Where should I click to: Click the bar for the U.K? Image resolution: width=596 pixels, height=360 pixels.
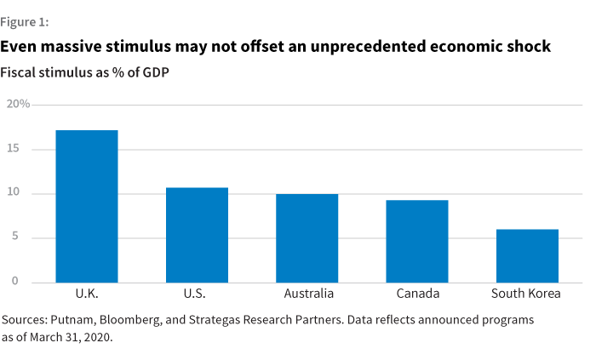86,207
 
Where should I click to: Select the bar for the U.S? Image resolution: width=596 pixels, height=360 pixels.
197,235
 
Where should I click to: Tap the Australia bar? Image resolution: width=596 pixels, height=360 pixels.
307,238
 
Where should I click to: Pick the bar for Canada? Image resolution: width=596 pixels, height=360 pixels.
417,242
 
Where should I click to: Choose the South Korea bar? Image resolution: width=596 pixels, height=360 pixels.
528,256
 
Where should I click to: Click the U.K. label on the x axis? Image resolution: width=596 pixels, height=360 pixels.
86,294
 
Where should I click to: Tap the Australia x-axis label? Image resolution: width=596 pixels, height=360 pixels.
307,294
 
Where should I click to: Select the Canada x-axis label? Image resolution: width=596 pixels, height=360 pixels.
417,294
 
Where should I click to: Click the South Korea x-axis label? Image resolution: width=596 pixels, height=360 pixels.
527,294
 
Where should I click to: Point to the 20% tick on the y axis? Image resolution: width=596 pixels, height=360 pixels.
18,104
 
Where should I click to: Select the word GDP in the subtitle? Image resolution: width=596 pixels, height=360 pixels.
152,72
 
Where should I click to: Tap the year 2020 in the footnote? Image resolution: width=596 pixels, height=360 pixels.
97,337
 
